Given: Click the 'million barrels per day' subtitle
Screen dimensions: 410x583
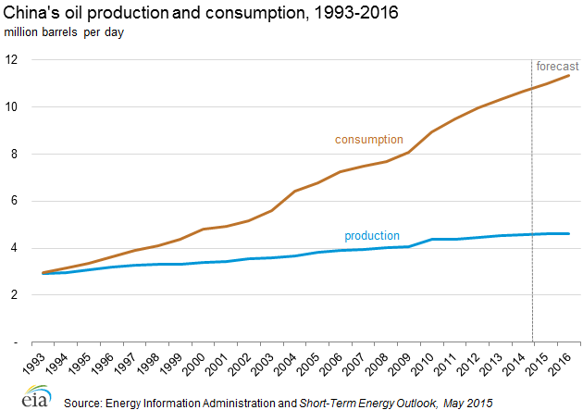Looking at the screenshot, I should point(64,32).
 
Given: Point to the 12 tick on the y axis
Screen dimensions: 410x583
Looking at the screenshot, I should point(12,59).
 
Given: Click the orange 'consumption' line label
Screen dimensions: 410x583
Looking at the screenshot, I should point(368,140).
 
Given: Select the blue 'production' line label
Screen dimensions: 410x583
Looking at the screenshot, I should point(372,236).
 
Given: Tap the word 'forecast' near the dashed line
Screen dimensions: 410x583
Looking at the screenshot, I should point(558,66).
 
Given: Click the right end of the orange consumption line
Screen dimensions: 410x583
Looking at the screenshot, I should point(568,75).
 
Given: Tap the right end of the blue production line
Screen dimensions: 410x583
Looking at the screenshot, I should point(568,233).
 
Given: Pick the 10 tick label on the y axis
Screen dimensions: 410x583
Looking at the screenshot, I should point(12,106).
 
